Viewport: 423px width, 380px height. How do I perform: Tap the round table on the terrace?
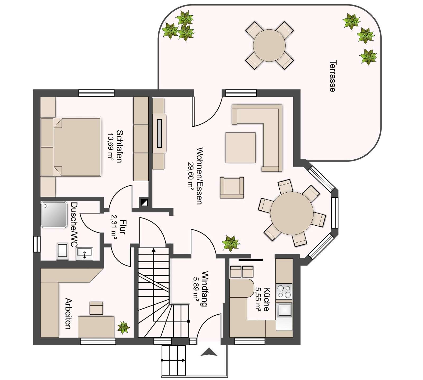click(x=269, y=45)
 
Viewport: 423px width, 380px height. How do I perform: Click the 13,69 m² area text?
click(x=110, y=147)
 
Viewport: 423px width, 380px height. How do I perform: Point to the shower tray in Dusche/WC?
click(x=54, y=215)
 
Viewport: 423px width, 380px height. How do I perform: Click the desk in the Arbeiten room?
click(x=96, y=326)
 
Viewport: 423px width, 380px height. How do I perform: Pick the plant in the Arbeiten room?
click(x=123, y=327)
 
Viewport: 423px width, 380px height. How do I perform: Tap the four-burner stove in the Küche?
click(x=284, y=291)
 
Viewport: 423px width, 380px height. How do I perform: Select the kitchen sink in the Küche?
click(x=284, y=310)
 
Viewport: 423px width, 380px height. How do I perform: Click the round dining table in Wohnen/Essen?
click(x=292, y=213)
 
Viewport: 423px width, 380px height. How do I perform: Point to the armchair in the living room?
click(x=232, y=188)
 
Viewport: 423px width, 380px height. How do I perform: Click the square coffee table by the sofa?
click(x=240, y=148)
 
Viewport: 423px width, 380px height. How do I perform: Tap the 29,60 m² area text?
click(x=191, y=175)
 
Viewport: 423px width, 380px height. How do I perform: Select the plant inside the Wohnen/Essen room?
click(x=230, y=243)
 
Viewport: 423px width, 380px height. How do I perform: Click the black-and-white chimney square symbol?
click(x=144, y=202)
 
